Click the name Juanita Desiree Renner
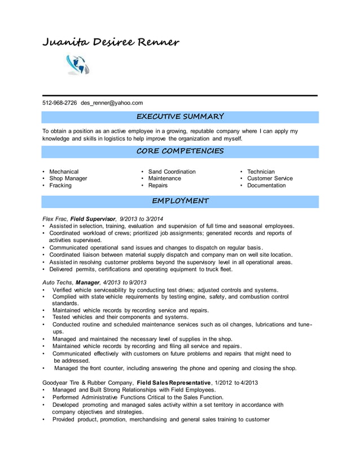pyautogui.click(x=111, y=42)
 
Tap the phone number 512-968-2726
pyautogui.click(x=60, y=103)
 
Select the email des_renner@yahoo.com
pyautogui.click(x=112, y=103)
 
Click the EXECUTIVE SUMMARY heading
pyautogui.click(x=180, y=117)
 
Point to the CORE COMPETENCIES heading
pyautogui.click(x=180, y=151)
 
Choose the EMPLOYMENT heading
pyautogui.click(x=180, y=201)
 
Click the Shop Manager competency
pyautogui.click(x=68, y=178)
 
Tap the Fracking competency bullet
pyautogui.click(x=60, y=185)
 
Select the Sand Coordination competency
pyautogui.click(x=172, y=172)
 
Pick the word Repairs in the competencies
pyautogui.click(x=157, y=185)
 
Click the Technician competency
pyautogui.click(x=261, y=172)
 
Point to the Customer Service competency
pyautogui.click(x=270, y=178)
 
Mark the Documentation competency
pyautogui.click(x=266, y=185)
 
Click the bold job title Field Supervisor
pyautogui.click(x=93, y=219)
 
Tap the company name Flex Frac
pyautogui.click(x=55, y=219)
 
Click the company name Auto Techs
pyautogui.click(x=58, y=283)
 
